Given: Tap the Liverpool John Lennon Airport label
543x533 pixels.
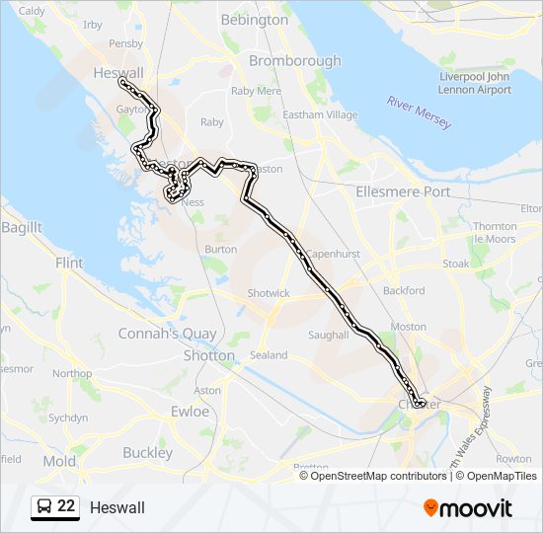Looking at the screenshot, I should pos(475,83).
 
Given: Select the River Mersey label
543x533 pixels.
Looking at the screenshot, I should pos(420,113).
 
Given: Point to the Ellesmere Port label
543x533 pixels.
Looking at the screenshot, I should pos(402,191).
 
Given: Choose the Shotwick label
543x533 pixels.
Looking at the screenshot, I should pos(269,293).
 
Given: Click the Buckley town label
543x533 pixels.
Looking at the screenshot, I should pos(147,453).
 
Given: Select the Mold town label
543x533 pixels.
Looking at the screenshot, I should pos(59,461).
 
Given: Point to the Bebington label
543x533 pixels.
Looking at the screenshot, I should pos(255,20).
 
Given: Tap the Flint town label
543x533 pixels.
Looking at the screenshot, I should pos(69,264).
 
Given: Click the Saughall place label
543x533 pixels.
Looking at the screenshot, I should pos(329,336).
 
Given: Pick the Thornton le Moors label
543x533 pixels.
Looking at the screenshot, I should pos(495,233).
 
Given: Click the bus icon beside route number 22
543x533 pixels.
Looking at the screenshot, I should pos(44,507).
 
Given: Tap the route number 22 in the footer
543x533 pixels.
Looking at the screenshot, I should pos(66,506).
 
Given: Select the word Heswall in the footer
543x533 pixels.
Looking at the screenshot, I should pos(116,507).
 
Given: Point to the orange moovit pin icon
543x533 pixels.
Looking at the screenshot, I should pos(431,507).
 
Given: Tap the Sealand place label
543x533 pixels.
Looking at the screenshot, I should pos(270,355).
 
